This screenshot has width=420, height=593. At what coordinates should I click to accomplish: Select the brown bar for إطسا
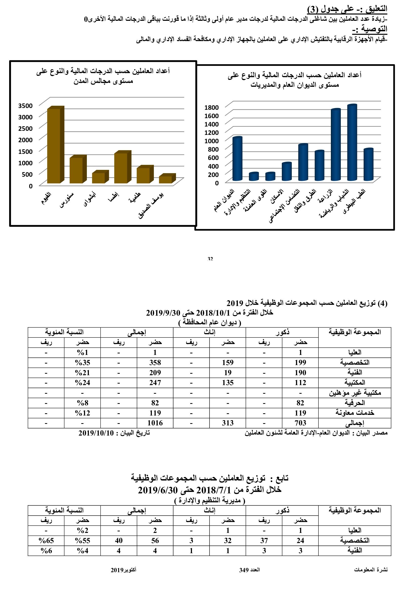point(121,168)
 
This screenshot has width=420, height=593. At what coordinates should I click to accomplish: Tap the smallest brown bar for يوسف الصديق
point(165,179)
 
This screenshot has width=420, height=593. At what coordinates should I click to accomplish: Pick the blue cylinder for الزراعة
point(335,145)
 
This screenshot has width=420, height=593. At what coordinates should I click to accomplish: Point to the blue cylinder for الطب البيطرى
point(368,165)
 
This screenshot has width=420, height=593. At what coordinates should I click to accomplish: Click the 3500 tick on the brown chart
point(25,106)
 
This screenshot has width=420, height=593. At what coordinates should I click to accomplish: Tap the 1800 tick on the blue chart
point(211,107)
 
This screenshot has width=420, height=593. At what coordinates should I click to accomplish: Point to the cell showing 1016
point(155,423)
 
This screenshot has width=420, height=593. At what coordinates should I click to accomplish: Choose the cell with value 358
point(155,363)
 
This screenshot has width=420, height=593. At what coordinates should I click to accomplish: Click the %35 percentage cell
point(82,363)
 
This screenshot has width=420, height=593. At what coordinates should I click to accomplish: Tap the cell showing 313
point(228,423)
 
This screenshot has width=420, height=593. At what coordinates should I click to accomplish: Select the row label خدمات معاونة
point(354,413)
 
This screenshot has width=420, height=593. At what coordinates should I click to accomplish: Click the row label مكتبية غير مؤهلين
point(354,393)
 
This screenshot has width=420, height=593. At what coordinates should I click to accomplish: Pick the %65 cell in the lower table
point(46,541)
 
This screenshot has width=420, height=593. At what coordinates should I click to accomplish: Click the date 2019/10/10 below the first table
point(96,433)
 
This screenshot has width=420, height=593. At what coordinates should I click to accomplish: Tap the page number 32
point(210,259)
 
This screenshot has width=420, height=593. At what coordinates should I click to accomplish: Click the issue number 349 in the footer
point(244,570)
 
